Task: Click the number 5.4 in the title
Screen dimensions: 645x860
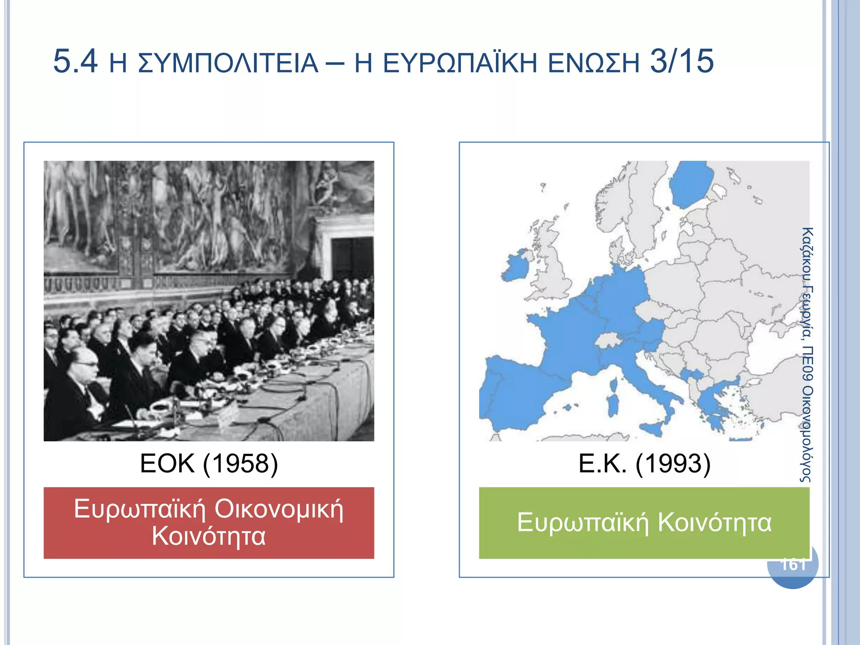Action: click(75, 61)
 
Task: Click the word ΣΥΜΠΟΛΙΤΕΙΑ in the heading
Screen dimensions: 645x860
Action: click(228, 64)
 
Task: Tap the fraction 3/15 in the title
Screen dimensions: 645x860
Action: click(682, 61)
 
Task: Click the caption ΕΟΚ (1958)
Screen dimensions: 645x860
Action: click(209, 464)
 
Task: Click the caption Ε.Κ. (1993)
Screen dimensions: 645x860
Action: click(644, 464)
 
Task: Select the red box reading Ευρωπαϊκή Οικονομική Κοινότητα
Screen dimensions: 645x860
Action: click(209, 522)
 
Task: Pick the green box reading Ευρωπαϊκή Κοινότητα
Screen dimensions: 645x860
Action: click(644, 522)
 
